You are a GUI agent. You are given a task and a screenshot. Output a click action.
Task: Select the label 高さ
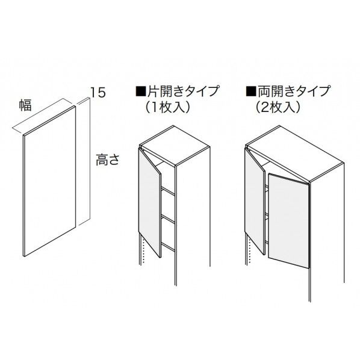click(108, 161)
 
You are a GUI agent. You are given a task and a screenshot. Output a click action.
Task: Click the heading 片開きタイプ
click(181, 92)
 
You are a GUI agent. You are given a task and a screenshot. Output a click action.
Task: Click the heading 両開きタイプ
click(293, 92)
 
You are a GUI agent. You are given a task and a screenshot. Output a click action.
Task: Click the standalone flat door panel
click(49, 181)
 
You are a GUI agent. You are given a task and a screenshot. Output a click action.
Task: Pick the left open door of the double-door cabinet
click(256, 199)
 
